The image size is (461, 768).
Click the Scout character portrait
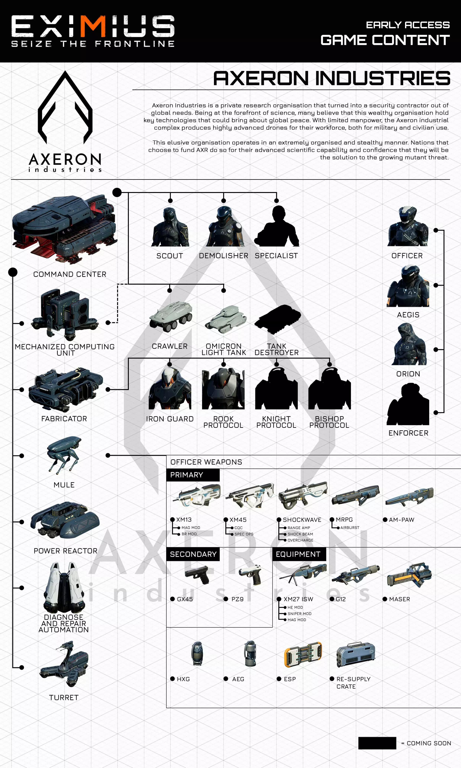tap(170, 227)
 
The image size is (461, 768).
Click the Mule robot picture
tap(64, 455)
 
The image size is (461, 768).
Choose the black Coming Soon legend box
tap(377, 743)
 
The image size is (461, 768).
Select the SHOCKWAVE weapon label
tap(302, 519)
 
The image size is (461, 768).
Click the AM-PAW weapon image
tap(410, 496)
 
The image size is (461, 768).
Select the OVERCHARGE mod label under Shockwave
tap(300, 540)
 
